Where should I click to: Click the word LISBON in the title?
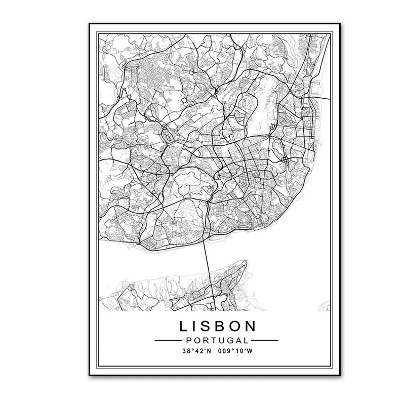[x=217, y=326]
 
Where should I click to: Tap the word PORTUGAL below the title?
[x=216, y=340]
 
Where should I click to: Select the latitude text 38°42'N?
[x=196, y=350]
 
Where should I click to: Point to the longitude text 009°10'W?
[x=235, y=350]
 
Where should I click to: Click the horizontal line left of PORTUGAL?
[x=167, y=340]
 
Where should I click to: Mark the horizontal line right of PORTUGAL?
[x=264, y=340]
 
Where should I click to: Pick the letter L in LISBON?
[x=181, y=326]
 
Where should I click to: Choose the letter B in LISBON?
[x=219, y=326]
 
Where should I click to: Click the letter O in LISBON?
[x=235, y=326]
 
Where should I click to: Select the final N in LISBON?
[x=252, y=326]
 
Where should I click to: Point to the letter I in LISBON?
[x=193, y=326]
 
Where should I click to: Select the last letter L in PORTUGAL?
[x=247, y=340]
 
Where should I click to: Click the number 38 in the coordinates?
[x=187, y=350]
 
